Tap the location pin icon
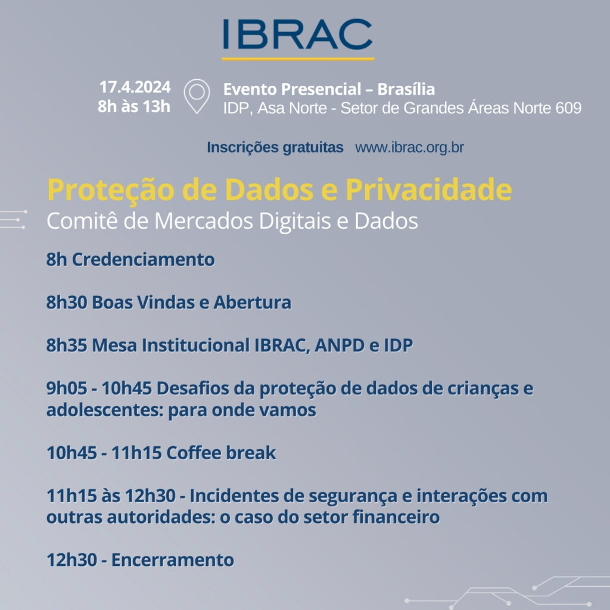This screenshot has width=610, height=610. point(197,97)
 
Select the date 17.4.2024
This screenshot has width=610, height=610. point(135,88)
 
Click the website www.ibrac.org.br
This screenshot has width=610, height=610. point(409,148)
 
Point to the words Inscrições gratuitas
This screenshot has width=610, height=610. point(275,148)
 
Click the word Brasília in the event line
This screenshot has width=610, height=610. point(406,89)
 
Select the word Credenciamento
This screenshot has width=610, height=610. point(143,260)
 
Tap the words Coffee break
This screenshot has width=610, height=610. point(221,453)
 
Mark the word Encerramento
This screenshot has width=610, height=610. point(173,560)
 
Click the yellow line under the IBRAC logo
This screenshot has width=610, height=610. point(298,58)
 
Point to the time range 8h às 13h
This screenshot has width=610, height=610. point(135,107)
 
